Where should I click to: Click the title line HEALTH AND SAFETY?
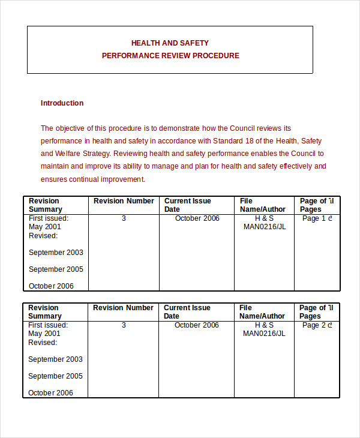point(170,43)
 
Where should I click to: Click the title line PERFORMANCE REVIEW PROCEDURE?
point(170,56)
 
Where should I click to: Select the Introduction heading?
point(62,103)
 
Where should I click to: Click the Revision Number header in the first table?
point(124,201)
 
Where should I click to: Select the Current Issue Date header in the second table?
point(187,312)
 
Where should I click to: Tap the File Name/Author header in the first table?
point(262,205)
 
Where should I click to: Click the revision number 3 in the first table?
point(124,218)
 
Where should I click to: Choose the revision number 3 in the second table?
point(124,325)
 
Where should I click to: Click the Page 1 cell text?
point(317,218)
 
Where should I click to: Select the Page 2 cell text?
point(317,325)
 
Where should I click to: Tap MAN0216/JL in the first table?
point(264,227)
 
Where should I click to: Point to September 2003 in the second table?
point(56,359)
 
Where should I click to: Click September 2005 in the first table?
point(56,269)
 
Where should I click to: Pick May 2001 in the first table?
point(45,227)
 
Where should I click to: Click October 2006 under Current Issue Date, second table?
point(197,325)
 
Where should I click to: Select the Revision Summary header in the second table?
point(45,312)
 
